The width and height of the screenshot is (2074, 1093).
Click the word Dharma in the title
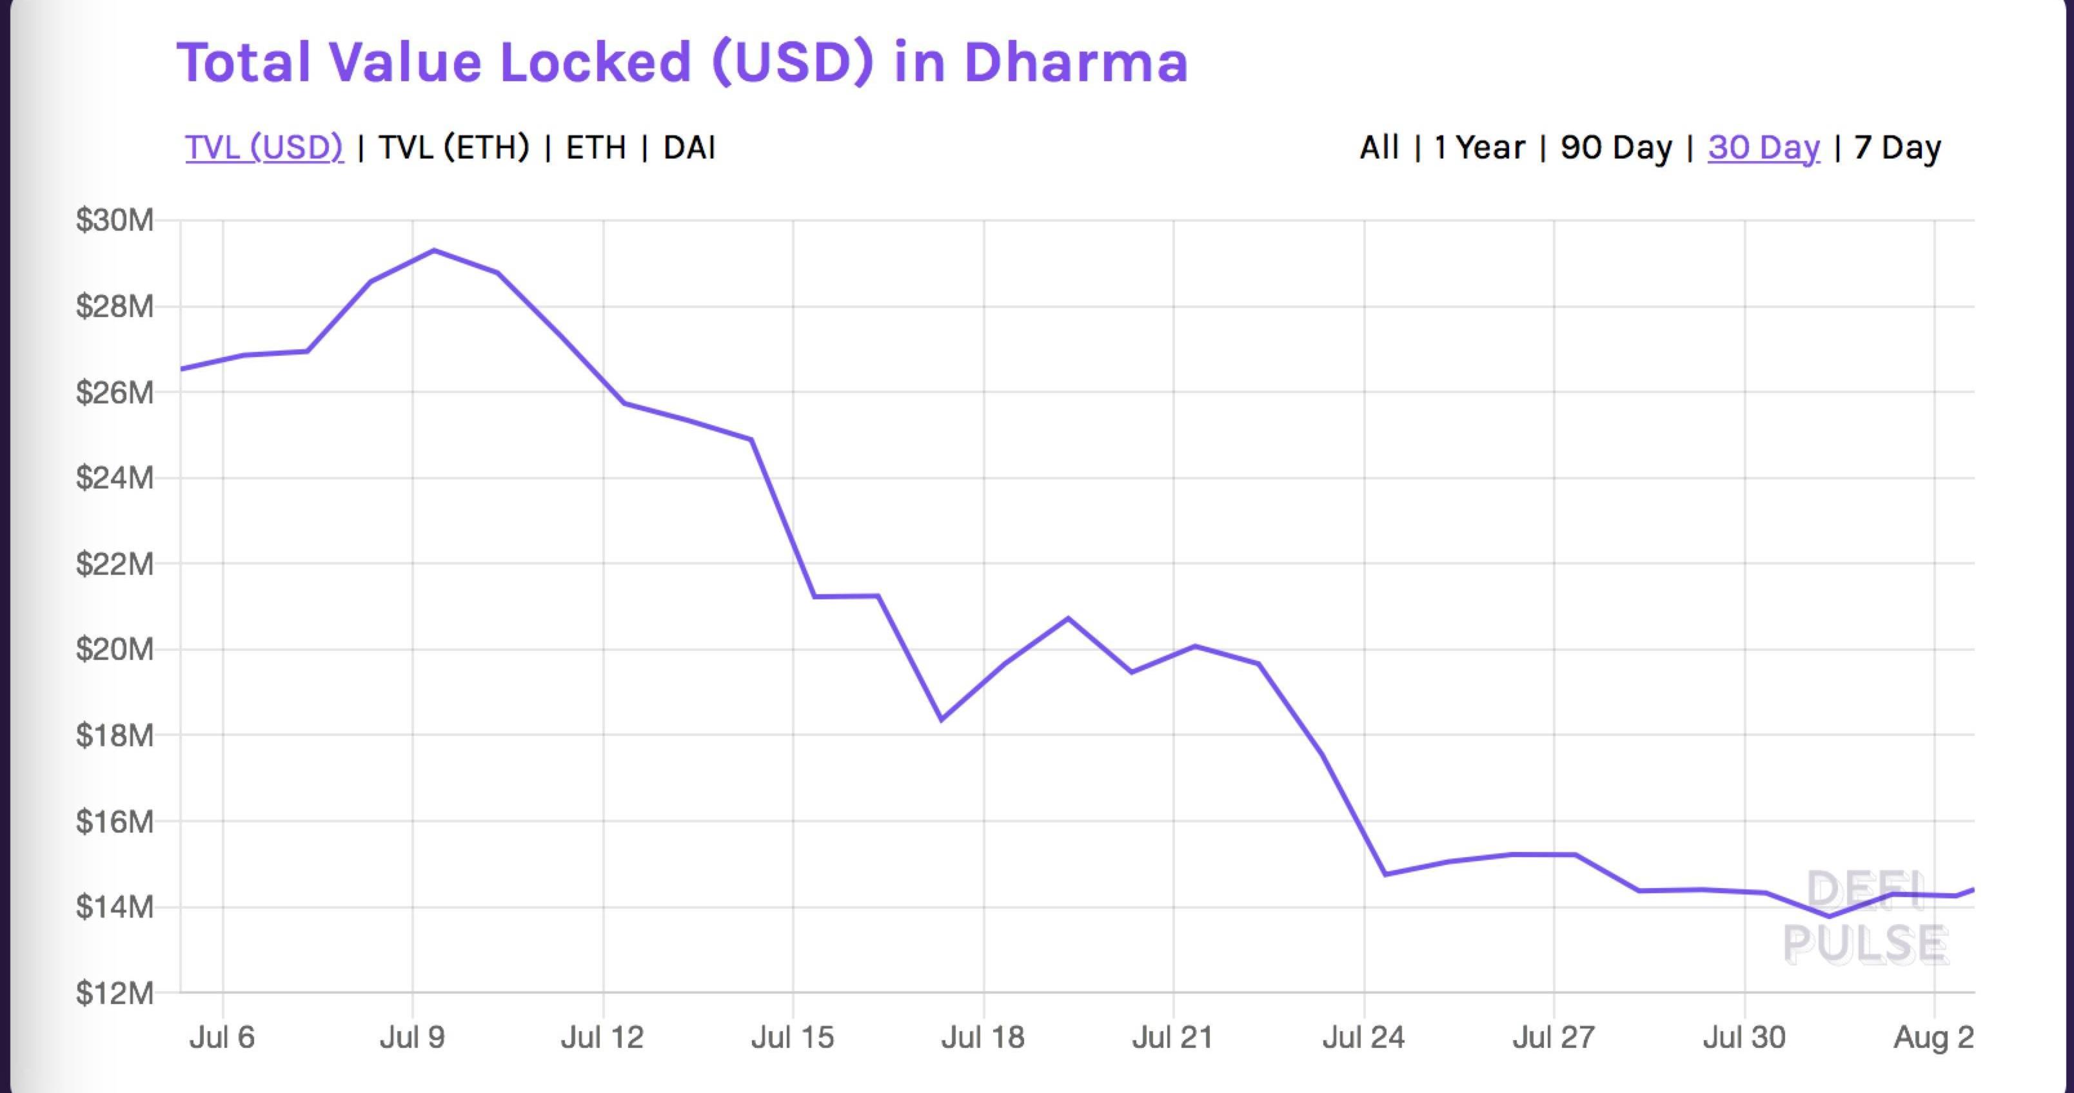(x=1075, y=62)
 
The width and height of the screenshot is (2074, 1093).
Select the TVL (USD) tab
(x=264, y=148)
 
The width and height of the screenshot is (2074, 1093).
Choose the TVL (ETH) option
(x=453, y=148)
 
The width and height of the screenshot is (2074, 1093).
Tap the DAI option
(x=689, y=148)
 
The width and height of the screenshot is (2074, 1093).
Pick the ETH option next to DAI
(x=596, y=148)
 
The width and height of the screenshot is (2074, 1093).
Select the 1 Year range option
(x=1480, y=148)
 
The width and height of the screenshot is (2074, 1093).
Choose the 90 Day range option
(x=1616, y=148)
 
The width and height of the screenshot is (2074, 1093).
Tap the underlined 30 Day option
(x=1763, y=148)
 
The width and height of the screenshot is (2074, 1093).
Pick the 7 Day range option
(x=1897, y=148)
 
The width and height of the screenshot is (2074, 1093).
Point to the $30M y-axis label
(x=114, y=220)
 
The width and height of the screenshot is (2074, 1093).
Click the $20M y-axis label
(x=114, y=649)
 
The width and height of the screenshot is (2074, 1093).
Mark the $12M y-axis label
(x=114, y=993)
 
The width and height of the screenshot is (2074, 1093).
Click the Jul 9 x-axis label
(x=412, y=1037)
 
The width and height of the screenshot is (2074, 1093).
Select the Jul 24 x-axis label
(x=1363, y=1037)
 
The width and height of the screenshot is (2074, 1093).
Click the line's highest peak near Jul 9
(x=435, y=250)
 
